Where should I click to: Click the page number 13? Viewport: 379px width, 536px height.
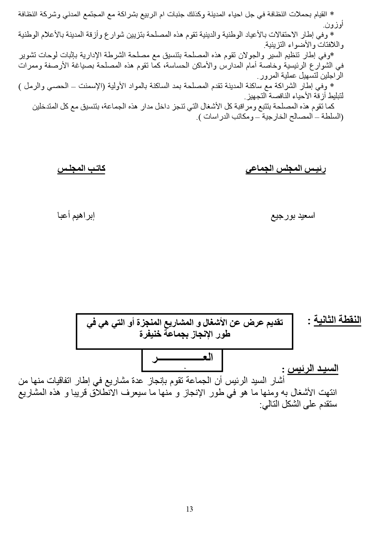coord(189,509)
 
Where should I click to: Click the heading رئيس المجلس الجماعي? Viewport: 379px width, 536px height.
coord(285,169)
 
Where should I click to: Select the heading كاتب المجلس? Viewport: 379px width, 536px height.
coord(81,169)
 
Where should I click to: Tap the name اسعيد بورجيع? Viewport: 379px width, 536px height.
coord(293,216)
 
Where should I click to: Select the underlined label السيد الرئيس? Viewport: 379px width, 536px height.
coord(315,368)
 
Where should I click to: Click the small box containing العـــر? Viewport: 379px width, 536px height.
coord(182,360)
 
